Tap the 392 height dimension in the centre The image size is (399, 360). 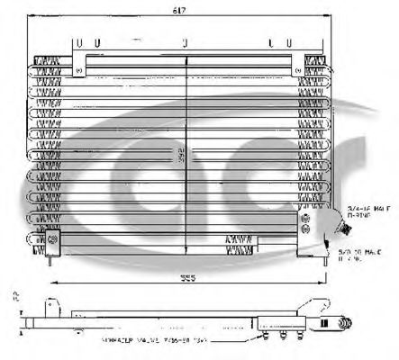click(184, 154)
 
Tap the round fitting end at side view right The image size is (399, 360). click(345, 319)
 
